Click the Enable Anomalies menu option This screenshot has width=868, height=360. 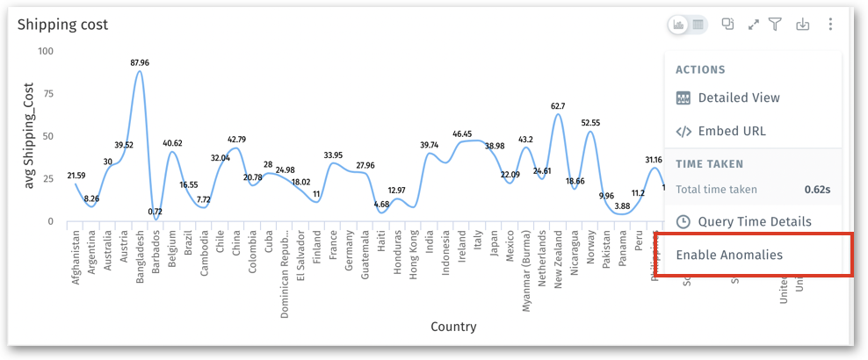729,256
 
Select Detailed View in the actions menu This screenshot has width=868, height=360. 738,98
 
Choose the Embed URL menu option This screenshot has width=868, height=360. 731,131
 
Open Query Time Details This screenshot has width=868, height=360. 754,221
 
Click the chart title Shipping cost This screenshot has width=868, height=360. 63,25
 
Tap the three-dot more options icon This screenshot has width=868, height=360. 830,25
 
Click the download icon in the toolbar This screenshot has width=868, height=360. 802,25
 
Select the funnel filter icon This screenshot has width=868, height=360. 776,25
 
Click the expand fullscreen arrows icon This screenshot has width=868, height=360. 753,25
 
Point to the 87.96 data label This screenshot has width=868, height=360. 139,63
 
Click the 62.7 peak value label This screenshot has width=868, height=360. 558,106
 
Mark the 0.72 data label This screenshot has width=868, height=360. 155,212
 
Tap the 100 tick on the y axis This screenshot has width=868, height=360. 46,51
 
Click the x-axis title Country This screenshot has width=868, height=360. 453,327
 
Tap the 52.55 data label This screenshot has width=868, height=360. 590,123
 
